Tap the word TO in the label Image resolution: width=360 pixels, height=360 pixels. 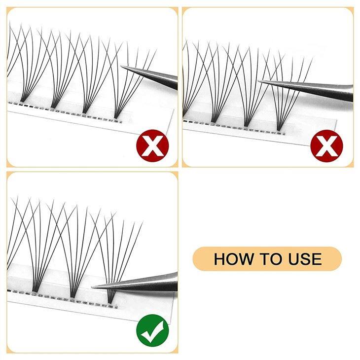click(x=267, y=258)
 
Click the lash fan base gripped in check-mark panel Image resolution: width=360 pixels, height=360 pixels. click(x=109, y=298)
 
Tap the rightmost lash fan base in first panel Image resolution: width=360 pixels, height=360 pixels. click(x=117, y=115)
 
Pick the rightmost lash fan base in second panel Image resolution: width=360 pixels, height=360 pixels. click(x=279, y=128)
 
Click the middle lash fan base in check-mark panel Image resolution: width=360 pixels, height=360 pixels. click(x=72, y=295)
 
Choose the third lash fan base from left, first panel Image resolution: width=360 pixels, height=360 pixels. click(x=84, y=109)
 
